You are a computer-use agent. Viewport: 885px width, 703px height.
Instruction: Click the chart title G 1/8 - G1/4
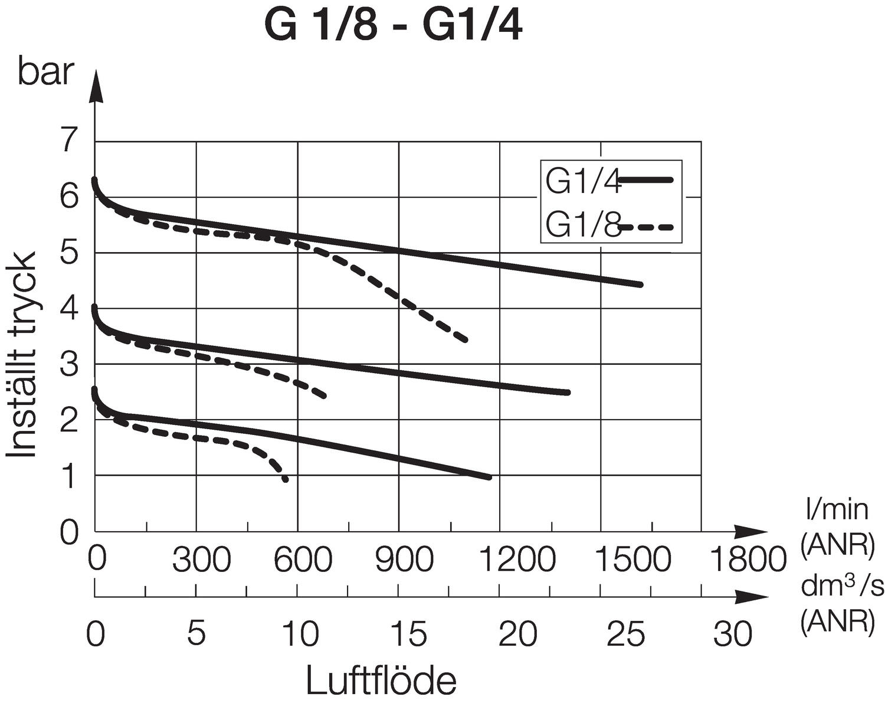tap(393, 27)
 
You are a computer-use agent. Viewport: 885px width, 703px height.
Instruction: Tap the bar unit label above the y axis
tap(46, 73)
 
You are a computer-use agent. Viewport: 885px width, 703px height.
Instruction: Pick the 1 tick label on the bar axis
tap(70, 476)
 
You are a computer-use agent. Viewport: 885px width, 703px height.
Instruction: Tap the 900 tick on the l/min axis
tap(405, 559)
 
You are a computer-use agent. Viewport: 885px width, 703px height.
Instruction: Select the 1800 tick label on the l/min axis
tap(747, 559)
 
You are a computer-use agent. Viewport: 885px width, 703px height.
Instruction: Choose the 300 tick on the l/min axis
tap(201, 559)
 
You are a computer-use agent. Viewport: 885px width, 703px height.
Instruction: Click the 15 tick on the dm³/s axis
tap(409, 634)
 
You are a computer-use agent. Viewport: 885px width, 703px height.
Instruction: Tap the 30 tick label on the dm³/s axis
tap(733, 634)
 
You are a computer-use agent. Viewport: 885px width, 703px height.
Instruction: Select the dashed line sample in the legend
tap(648, 226)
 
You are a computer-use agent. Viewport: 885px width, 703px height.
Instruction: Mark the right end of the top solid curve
tap(640, 285)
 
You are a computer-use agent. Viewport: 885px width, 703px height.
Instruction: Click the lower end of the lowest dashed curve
tap(286, 479)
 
